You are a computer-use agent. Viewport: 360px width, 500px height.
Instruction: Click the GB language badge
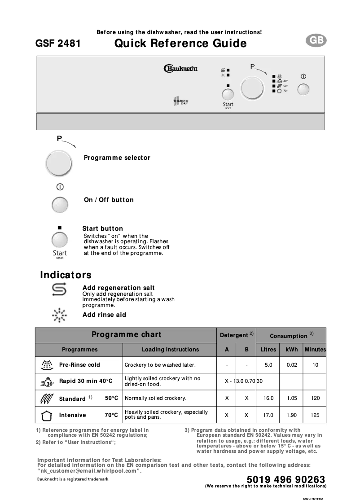(x=316, y=41)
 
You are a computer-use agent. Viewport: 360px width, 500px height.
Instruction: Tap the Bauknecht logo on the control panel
(x=180, y=69)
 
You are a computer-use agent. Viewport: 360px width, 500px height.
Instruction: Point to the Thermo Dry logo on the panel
(x=181, y=101)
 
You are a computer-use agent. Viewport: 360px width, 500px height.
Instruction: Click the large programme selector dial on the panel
(x=252, y=88)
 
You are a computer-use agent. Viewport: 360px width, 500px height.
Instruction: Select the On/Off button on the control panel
(x=303, y=89)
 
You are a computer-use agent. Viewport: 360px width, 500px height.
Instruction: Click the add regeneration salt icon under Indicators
(x=59, y=290)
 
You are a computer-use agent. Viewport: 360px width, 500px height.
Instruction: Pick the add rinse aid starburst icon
(x=59, y=315)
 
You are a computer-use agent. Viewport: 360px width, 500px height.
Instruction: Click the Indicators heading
(x=66, y=275)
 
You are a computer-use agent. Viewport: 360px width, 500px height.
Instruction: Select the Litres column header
(x=268, y=350)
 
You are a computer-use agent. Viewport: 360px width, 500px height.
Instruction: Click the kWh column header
(x=292, y=350)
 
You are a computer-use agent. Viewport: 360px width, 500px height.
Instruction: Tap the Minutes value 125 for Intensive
(x=315, y=415)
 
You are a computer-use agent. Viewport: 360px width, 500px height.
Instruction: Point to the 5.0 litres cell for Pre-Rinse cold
(x=268, y=365)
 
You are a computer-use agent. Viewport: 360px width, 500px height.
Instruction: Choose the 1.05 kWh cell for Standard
(x=292, y=398)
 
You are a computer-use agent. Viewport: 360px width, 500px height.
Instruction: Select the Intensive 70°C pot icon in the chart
(x=47, y=416)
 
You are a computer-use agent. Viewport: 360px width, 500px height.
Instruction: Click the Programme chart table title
(x=126, y=335)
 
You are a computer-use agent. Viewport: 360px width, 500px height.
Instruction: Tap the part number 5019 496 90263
(x=286, y=480)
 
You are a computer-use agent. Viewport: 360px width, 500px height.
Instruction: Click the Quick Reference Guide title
(x=180, y=44)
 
